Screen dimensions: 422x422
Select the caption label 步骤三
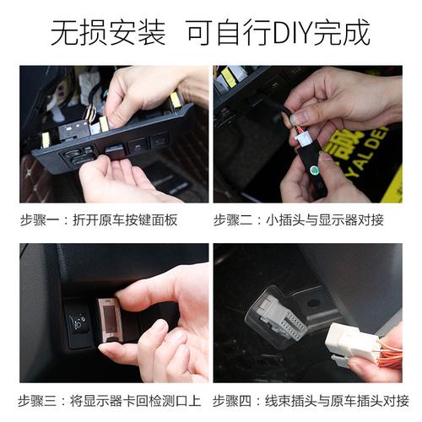click(x=42, y=400)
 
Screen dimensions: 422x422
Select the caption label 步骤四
click(x=235, y=400)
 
